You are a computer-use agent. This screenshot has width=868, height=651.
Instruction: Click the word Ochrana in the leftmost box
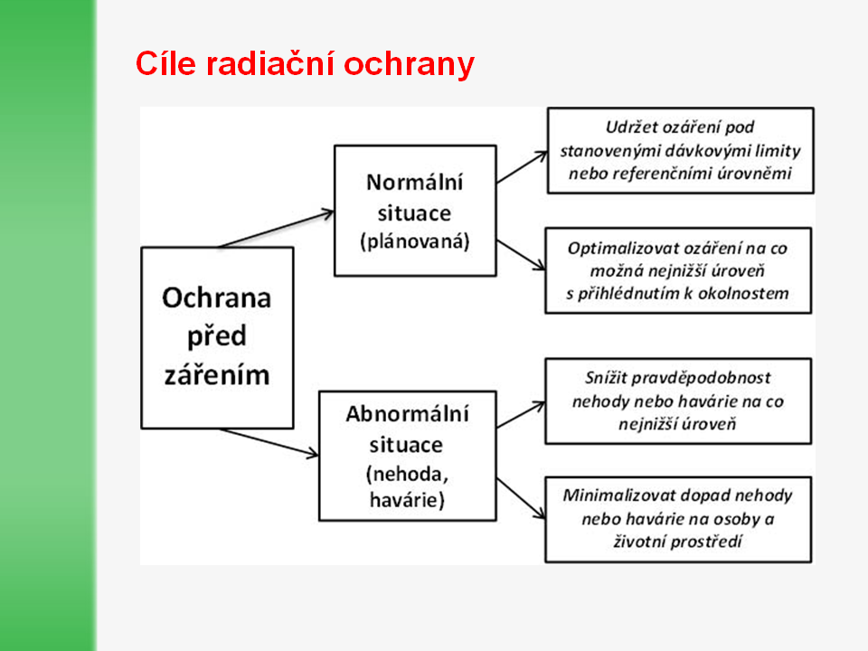(x=216, y=297)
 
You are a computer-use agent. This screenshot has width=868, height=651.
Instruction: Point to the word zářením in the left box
(x=217, y=374)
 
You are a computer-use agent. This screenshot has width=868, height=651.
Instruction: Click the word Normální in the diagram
(x=415, y=182)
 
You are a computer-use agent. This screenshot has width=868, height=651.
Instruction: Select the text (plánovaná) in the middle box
(x=415, y=241)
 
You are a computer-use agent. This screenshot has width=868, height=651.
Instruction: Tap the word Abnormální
(x=408, y=414)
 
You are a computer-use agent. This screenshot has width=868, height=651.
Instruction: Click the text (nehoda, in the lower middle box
(x=408, y=475)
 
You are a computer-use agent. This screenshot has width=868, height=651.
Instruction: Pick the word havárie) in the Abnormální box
(x=408, y=500)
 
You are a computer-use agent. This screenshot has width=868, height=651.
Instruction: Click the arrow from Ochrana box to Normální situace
(x=277, y=229)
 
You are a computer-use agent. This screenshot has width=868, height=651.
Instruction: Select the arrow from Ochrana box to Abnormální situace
(x=269, y=443)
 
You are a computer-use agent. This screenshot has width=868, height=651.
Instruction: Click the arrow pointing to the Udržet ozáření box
(x=522, y=167)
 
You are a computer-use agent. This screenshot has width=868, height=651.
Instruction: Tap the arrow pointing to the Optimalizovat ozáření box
(x=521, y=255)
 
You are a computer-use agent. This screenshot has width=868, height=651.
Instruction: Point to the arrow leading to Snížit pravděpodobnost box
(x=521, y=415)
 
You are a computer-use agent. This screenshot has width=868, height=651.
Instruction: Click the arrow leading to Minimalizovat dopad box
(x=521, y=499)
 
